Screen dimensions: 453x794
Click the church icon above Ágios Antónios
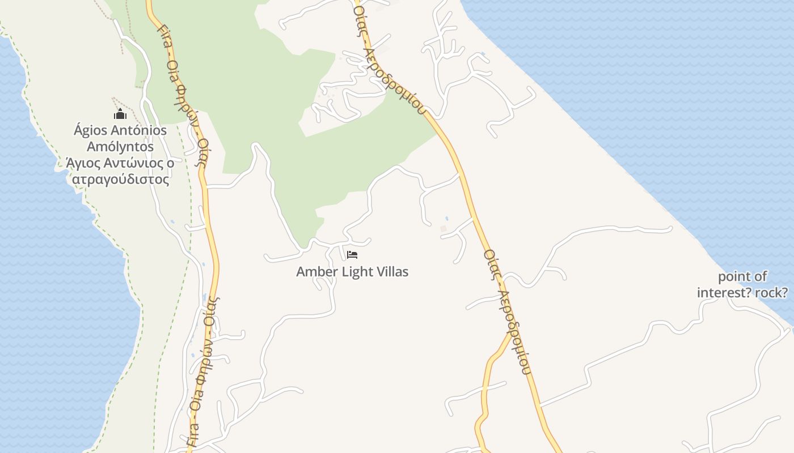pyautogui.click(x=120, y=114)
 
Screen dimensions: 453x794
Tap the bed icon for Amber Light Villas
pyautogui.click(x=352, y=255)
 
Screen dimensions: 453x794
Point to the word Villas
pyautogui.click(x=391, y=272)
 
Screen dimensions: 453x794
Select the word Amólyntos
pyautogui.click(x=120, y=147)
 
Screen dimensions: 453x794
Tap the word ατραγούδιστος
pyautogui.click(x=120, y=180)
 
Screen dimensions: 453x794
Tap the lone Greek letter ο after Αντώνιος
pyautogui.click(x=170, y=164)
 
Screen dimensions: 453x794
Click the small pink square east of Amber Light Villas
pyautogui.click(x=444, y=229)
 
